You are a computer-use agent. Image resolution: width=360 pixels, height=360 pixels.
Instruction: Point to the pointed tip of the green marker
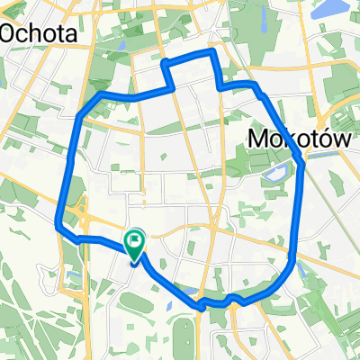(134, 262)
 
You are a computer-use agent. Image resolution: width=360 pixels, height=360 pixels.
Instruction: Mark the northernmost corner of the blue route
(212, 52)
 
